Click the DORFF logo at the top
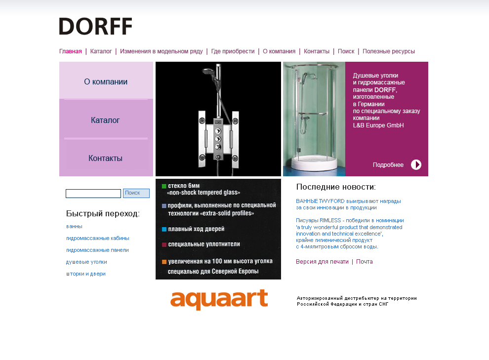pos(95,26)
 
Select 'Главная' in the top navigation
pos(70,51)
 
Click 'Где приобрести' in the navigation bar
pos(233,51)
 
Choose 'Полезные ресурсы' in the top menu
pos(388,51)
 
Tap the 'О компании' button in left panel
pos(106,82)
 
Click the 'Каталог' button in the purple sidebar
pos(105,120)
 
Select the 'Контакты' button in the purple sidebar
pos(105,159)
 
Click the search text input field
pos(93,194)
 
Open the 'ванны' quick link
pos(74,226)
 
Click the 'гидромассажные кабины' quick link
pos(98,238)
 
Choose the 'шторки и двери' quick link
pos(86,274)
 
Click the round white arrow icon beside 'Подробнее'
pos(416,165)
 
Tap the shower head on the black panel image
pos(207,73)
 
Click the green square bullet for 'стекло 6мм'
pos(164,186)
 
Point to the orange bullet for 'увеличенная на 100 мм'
pos(164,262)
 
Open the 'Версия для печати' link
pos(322,262)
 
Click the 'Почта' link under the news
pos(365,262)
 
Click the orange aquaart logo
pos(219,300)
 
